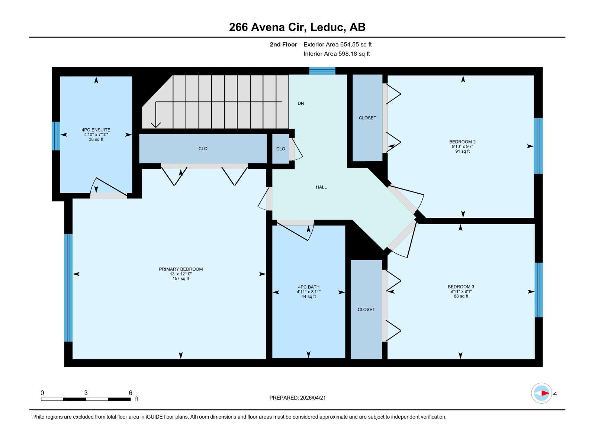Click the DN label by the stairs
pos(301,103)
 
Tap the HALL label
pos(321,187)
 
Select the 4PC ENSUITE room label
pos(96,130)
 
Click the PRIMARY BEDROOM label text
pos(181,269)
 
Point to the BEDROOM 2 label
pos(462,142)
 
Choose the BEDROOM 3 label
pos(461,287)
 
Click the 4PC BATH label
pos(309,287)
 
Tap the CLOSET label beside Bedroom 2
pos(367,118)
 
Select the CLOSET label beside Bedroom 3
pos(366,309)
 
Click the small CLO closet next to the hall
pos(281,149)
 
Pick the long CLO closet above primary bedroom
pos(203,149)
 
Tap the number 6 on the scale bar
pos(131,392)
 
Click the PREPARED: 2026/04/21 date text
pos(297,398)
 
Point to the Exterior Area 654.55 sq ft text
pos(337,45)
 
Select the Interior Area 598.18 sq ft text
pos(337,54)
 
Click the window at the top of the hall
pos(322,71)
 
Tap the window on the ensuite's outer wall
pos(56,136)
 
